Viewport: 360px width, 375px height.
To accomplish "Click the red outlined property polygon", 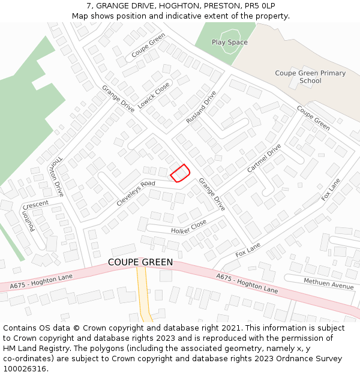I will [x=180, y=173].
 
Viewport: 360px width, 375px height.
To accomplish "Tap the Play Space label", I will [x=229, y=43].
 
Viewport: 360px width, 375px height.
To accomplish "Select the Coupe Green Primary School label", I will [x=310, y=77].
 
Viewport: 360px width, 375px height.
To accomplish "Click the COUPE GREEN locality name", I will [x=140, y=262].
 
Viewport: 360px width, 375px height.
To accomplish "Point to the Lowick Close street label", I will [x=154, y=95].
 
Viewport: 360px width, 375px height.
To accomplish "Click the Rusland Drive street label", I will [x=201, y=107].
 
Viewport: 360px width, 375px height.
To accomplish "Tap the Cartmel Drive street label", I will [x=264, y=158].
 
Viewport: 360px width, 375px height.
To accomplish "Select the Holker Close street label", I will [x=188, y=227].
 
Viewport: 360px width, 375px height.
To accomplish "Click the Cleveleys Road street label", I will [x=136, y=192].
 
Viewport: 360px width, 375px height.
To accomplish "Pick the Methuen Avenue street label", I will [x=328, y=283].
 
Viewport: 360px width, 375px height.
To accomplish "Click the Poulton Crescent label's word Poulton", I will [x=28, y=221].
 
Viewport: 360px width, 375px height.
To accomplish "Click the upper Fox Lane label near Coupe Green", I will [x=331, y=188].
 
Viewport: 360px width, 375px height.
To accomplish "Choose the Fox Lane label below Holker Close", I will [x=248, y=250].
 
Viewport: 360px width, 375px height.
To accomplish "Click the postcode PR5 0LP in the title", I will [x=260, y=6].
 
